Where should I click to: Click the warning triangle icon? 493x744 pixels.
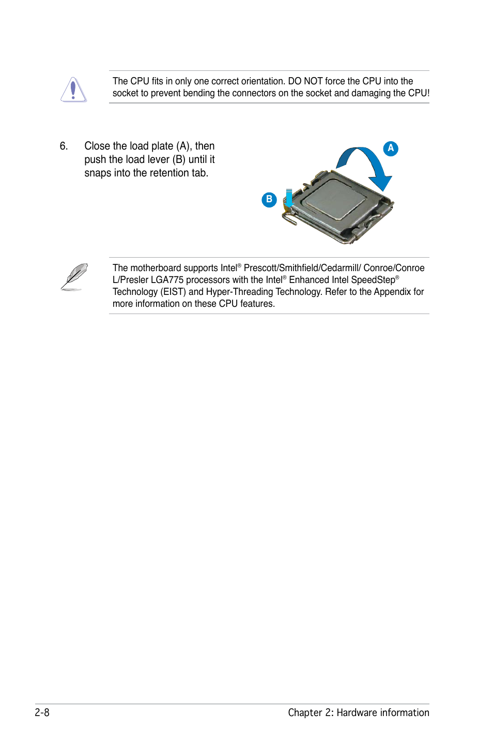point(73,90)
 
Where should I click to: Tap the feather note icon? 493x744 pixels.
point(74,277)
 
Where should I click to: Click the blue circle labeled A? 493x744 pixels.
point(391,148)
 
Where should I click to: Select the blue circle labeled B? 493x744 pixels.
point(269,200)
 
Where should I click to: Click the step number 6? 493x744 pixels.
point(64,146)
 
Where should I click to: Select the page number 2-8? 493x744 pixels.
point(42,712)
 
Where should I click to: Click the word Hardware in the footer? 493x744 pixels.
point(357,712)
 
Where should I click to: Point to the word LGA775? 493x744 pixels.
point(167,280)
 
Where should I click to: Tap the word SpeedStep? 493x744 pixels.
point(373,280)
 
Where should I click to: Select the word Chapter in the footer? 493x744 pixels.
point(305,712)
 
